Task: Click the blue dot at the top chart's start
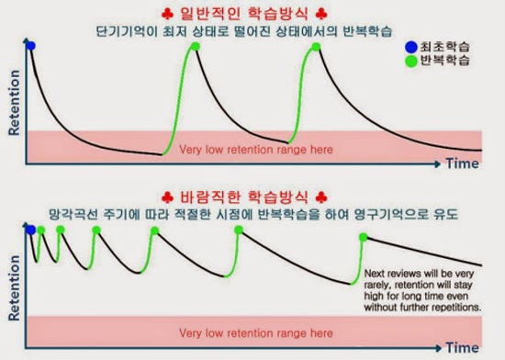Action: [x=30, y=45]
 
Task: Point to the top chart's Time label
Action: [x=463, y=164]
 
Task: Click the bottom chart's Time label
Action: [x=463, y=348]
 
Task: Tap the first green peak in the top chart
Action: [x=196, y=47]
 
